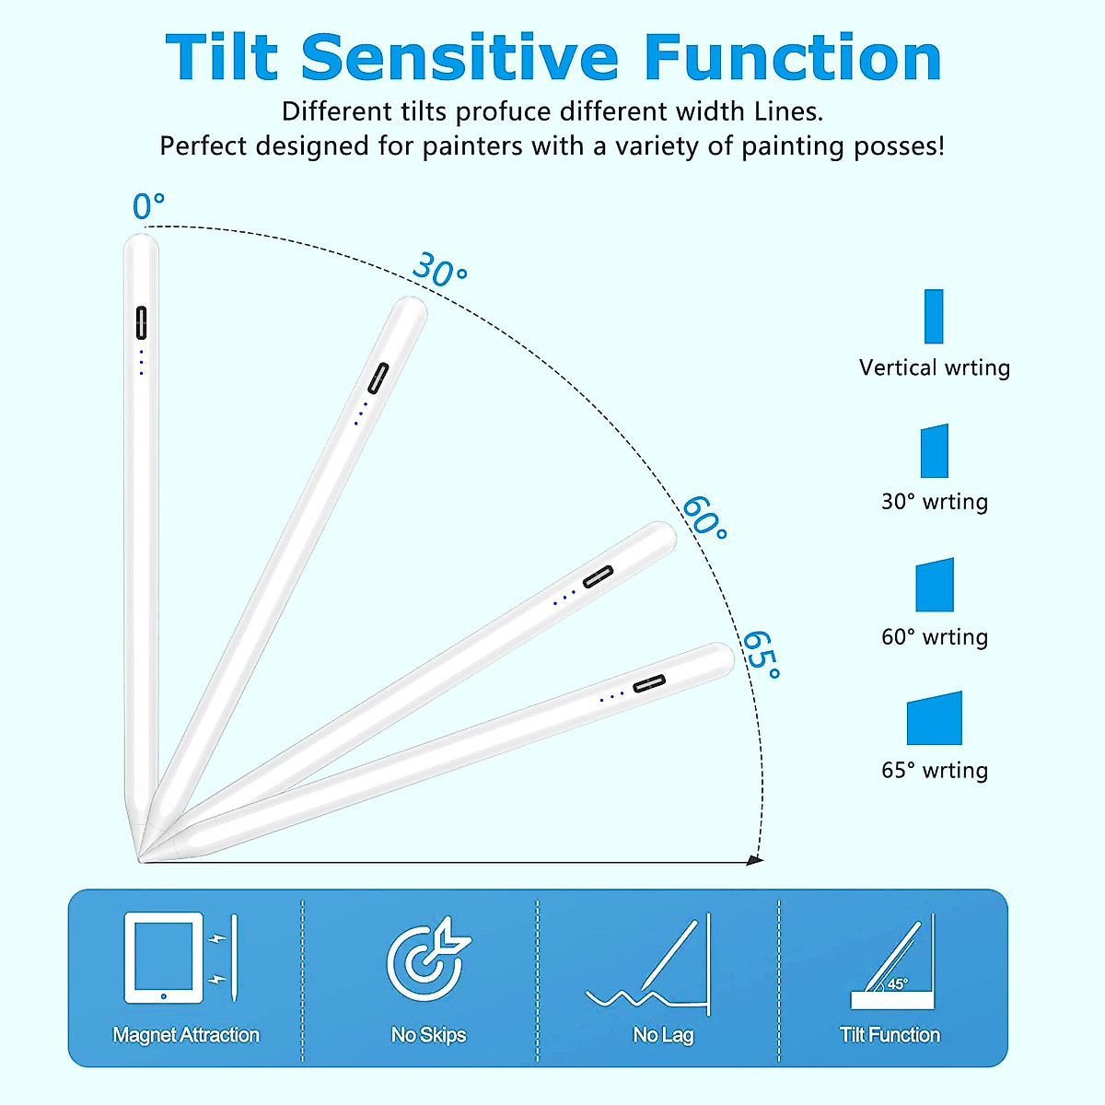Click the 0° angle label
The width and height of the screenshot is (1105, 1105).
(x=148, y=206)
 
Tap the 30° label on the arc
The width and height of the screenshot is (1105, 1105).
(x=440, y=269)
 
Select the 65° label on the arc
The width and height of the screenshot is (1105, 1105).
(x=762, y=655)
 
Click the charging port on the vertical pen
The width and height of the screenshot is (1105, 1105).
(x=141, y=323)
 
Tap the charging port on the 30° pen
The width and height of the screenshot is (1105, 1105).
(x=378, y=378)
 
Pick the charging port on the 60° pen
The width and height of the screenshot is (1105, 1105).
(x=599, y=576)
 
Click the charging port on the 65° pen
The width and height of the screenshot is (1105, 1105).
(x=649, y=683)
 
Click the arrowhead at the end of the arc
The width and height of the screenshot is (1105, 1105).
(x=755, y=860)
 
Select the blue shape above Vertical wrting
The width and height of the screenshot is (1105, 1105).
(x=934, y=317)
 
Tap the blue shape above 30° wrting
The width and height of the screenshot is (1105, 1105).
(x=934, y=450)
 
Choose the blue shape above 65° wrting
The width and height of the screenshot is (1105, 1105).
(x=934, y=718)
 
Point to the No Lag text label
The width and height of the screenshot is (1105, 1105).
(x=663, y=1035)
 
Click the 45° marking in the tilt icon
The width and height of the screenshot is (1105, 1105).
(x=898, y=984)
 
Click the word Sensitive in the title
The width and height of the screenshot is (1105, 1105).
(x=459, y=57)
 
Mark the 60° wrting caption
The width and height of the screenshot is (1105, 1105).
(x=935, y=637)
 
